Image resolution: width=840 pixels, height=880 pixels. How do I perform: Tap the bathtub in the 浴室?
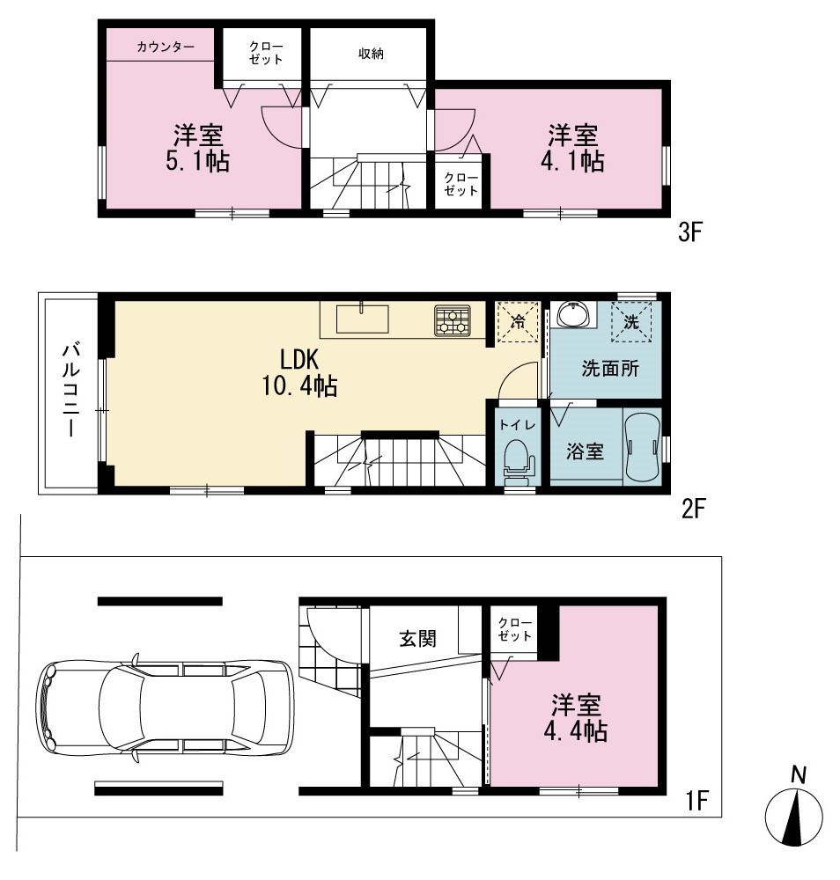pos(643,447)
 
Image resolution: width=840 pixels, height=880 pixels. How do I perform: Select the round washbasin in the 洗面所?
pos(572,313)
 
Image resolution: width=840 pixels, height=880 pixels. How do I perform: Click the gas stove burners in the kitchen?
pos(453,321)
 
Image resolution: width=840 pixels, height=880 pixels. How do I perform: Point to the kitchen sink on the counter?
pos(362,319)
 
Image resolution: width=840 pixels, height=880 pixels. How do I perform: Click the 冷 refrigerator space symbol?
pos(519,322)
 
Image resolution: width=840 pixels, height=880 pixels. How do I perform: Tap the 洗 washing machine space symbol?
pos(631,321)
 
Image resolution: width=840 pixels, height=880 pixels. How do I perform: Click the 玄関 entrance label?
pos(417,639)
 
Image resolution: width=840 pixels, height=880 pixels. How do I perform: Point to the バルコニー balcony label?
pos(71,391)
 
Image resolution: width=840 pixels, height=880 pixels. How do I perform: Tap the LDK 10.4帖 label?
pos(300,372)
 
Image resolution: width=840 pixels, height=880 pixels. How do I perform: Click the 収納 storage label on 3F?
pos(371,54)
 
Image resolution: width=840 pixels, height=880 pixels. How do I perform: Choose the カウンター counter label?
pos(165,47)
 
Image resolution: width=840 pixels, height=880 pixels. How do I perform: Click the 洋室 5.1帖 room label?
pos(197,148)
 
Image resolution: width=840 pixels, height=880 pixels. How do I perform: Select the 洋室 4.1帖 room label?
pos(572,148)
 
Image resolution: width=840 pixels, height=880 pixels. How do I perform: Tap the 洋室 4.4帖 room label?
pos(576,718)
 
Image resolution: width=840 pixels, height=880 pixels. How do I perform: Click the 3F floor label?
pos(690,231)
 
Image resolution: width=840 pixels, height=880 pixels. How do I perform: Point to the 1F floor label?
pos(696,800)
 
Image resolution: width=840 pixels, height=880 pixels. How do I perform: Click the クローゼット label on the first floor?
pos(514,630)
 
